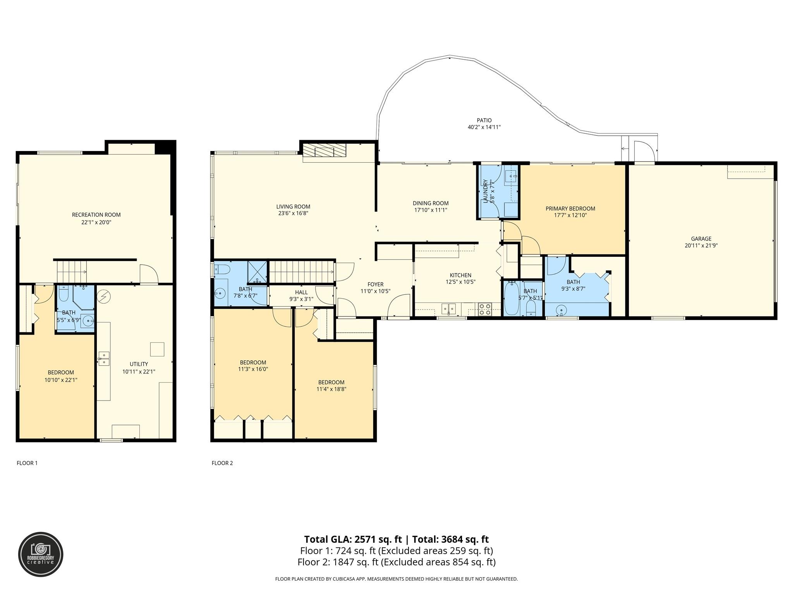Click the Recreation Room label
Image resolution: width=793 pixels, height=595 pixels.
(96, 215)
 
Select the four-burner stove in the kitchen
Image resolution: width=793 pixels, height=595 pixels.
(485, 309)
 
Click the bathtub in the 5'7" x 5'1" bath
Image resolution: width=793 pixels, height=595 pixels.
(512, 299)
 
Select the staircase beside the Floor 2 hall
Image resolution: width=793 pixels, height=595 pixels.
(301, 272)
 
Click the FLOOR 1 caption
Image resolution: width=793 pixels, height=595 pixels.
(27, 463)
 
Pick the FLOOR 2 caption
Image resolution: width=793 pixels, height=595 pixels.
(222, 463)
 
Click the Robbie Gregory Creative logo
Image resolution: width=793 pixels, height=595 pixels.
(41, 554)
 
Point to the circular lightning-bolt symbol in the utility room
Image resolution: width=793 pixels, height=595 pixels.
(104, 297)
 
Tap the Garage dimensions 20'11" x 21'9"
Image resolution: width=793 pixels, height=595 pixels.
(701, 245)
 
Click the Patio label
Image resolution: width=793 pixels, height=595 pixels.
(484, 120)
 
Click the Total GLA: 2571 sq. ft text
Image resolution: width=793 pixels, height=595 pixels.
(353, 539)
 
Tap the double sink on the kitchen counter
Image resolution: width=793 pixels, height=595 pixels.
(449, 309)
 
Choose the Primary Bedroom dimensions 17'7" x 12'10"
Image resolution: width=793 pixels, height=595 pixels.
(570, 215)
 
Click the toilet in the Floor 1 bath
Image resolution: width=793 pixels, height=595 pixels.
(64, 293)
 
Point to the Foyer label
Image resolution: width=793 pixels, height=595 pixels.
(375, 285)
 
